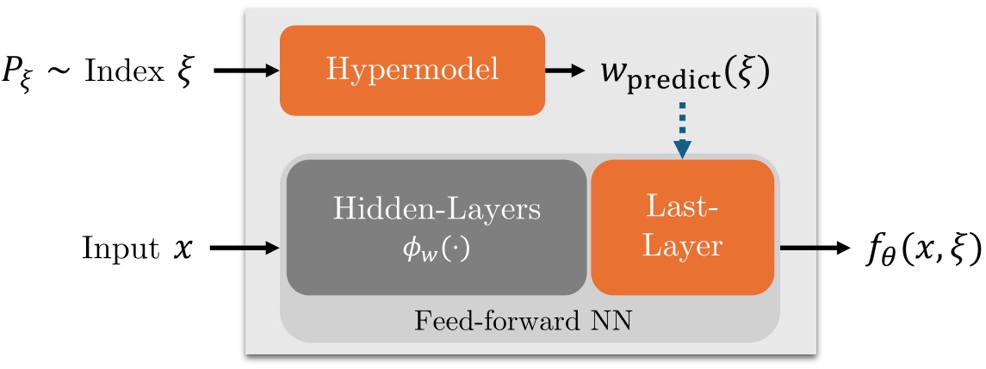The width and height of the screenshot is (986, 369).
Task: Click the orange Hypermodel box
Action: [x=412, y=70]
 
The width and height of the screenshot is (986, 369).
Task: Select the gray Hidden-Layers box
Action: [x=437, y=225]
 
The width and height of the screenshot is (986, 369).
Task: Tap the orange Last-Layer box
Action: [x=684, y=226]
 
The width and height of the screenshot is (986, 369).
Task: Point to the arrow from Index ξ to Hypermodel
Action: [x=245, y=71]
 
